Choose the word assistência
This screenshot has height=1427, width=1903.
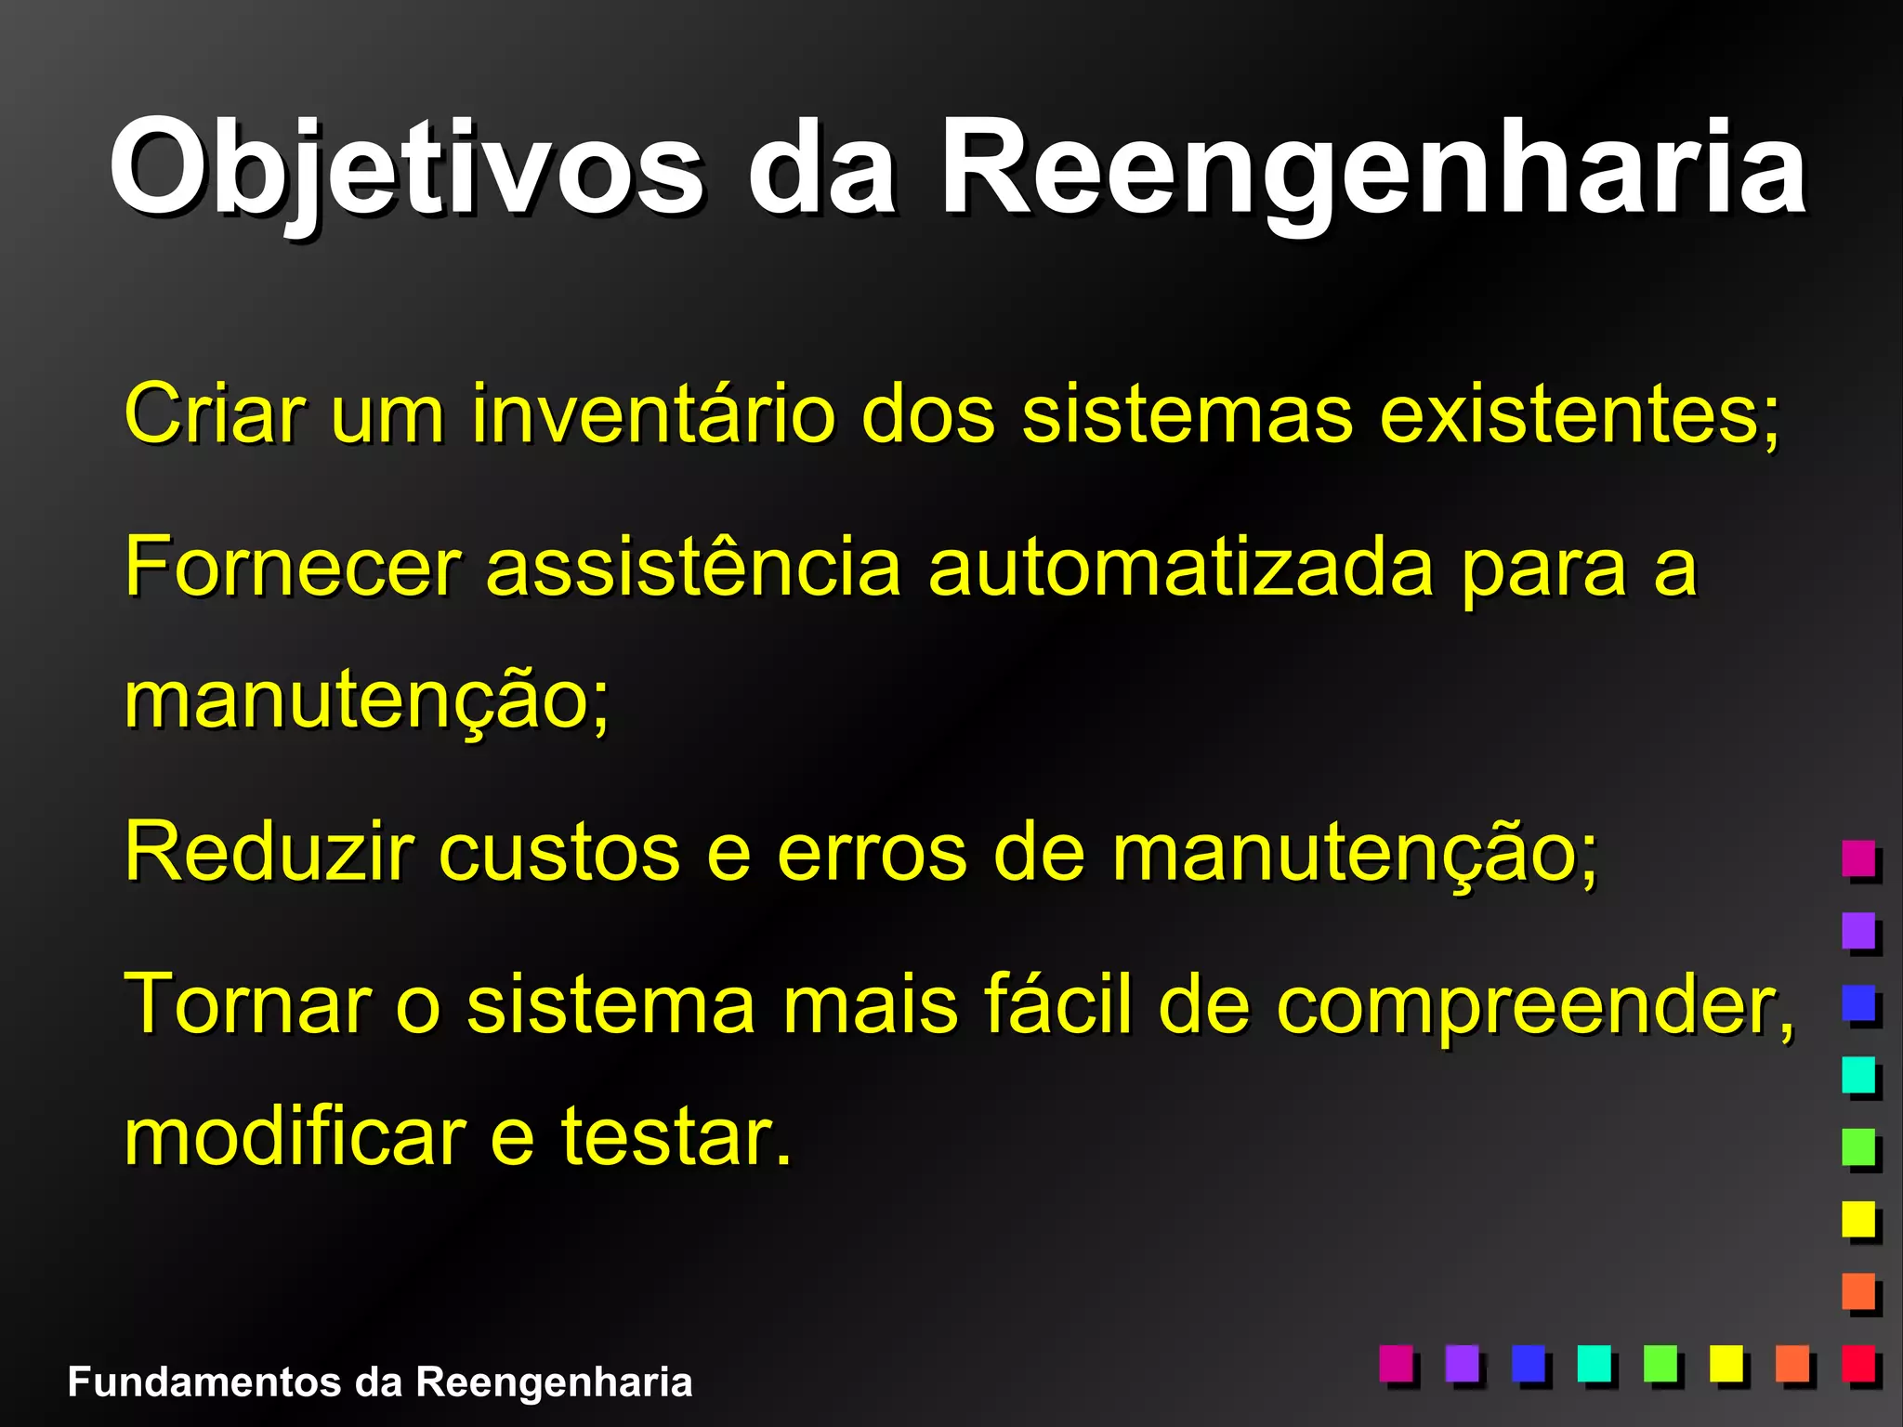[693, 567]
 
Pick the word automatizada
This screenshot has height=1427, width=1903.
[1181, 567]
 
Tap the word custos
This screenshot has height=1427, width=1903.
[558, 853]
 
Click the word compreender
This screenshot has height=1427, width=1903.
[1532, 1006]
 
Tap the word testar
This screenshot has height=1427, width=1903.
[675, 1139]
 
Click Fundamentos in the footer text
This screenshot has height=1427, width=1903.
[204, 1382]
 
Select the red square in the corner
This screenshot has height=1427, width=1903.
[1858, 1363]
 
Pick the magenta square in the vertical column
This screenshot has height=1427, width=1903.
[1858, 858]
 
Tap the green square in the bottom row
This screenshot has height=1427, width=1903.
[1660, 1363]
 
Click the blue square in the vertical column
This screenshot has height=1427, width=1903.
[1858, 1002]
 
